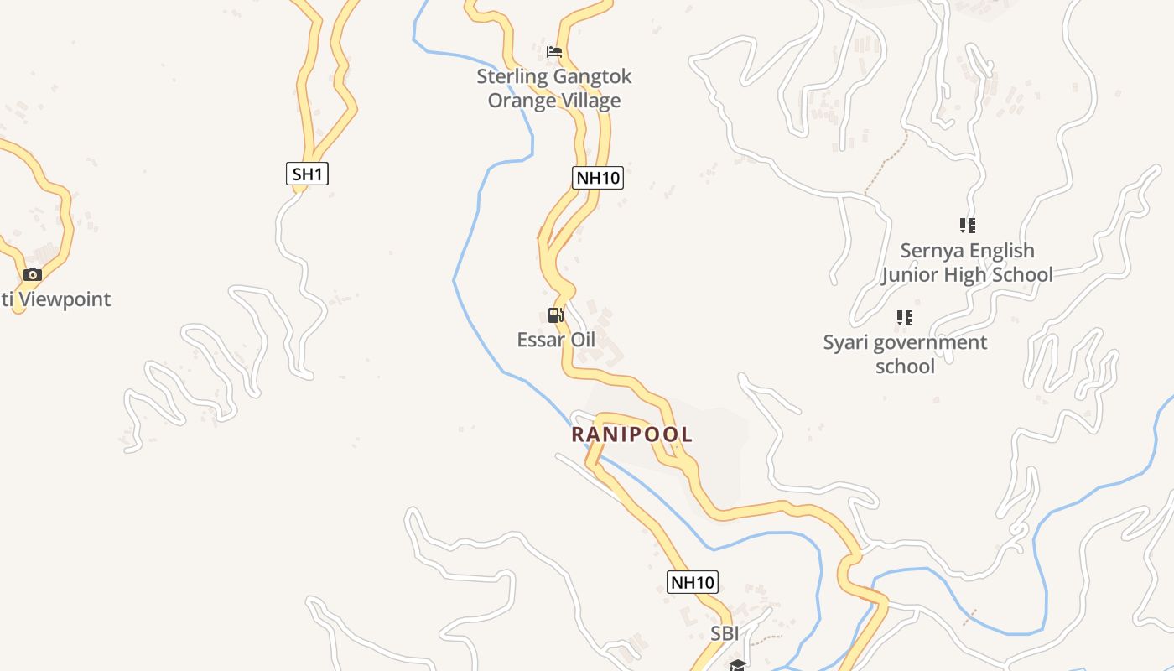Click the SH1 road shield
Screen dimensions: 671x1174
tap(307, 174)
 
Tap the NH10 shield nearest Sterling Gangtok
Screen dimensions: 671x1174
tap(598, 178)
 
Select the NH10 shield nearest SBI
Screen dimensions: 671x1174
tap(693, 582)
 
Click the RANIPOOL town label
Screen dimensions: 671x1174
tap(632, 434)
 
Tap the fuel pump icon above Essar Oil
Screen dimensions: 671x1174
tap(555, 315)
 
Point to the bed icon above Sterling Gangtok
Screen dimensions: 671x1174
tap(553, 52)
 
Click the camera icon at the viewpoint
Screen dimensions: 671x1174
tap(33, 274)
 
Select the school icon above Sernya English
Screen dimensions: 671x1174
tap(968, 226)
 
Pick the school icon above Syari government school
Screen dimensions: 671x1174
tap(904, 318)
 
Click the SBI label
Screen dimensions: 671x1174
tap(725, 634)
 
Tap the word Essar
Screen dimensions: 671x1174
tap(538, 340)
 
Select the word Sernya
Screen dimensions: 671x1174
tap(931, 251)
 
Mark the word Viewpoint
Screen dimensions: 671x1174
tap(65, 299)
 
